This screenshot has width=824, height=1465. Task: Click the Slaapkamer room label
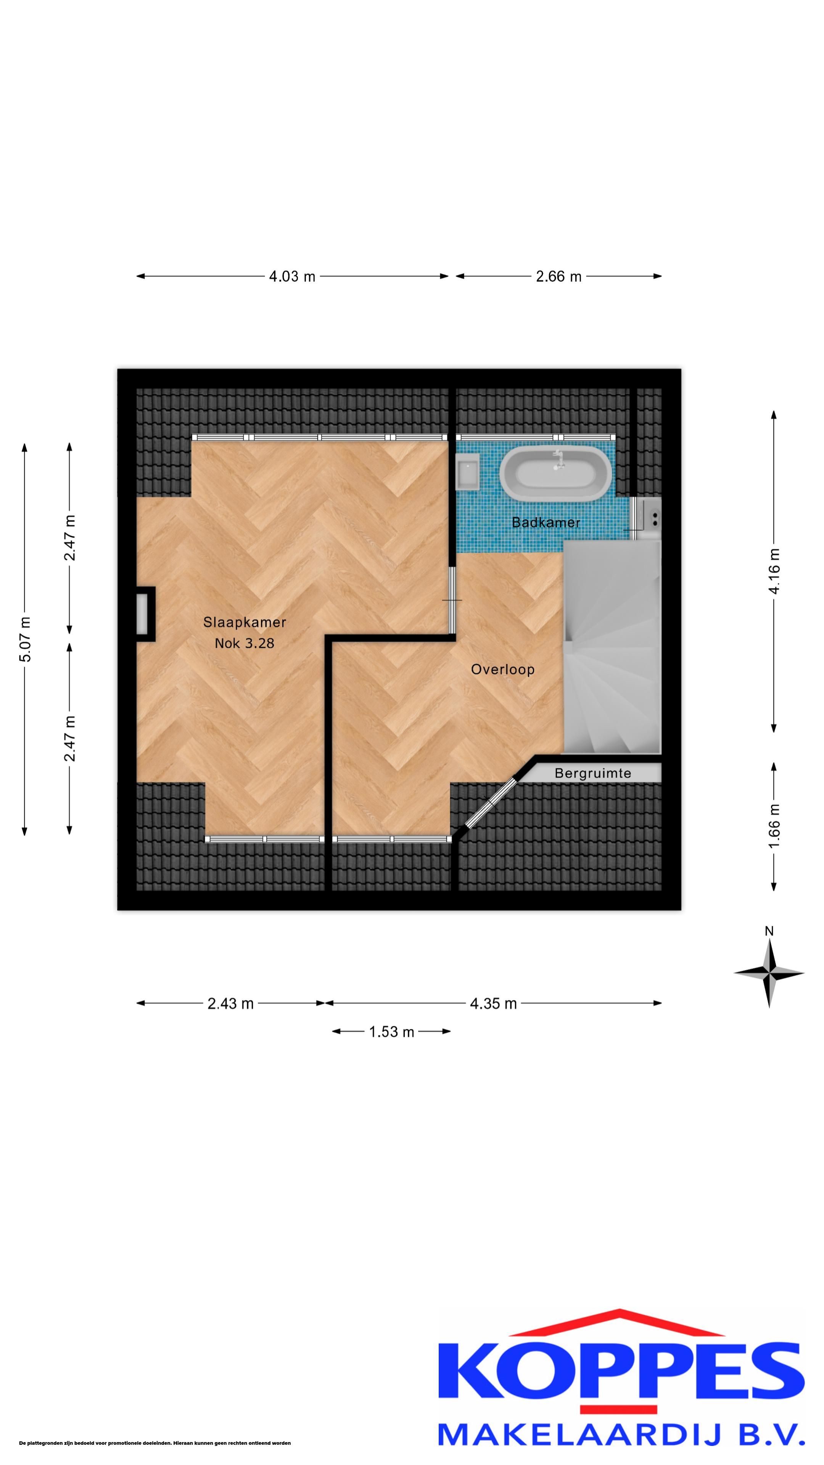click(245, 622)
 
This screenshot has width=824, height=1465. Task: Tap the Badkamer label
click(546, 522)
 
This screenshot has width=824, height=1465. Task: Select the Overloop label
click(503, 670)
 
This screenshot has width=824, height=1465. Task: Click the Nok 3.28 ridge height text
click(245, 643)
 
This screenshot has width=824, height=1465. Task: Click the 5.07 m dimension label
click(25, 639)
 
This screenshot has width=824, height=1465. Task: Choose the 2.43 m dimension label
click(230, 1004)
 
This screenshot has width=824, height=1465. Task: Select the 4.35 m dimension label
click(493, 1004)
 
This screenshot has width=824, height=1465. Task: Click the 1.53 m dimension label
click(392, 1032)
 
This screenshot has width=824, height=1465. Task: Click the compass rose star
click(769, 973)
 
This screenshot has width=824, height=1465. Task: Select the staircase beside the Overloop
click(612, 647)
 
